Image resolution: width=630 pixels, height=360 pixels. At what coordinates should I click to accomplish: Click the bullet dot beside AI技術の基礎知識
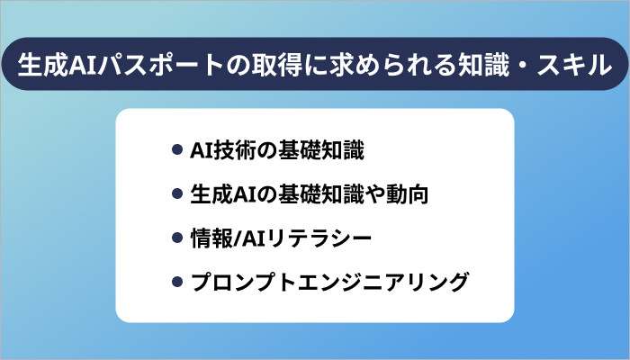(x=177, y=149)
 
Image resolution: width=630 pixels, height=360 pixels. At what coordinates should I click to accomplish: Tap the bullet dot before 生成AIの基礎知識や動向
(x=177, y=193)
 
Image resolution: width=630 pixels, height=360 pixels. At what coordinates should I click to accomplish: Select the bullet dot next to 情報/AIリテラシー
(x=177, y=238)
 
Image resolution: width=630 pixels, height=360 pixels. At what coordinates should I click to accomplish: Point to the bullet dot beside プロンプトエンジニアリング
(x=177, y=283)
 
